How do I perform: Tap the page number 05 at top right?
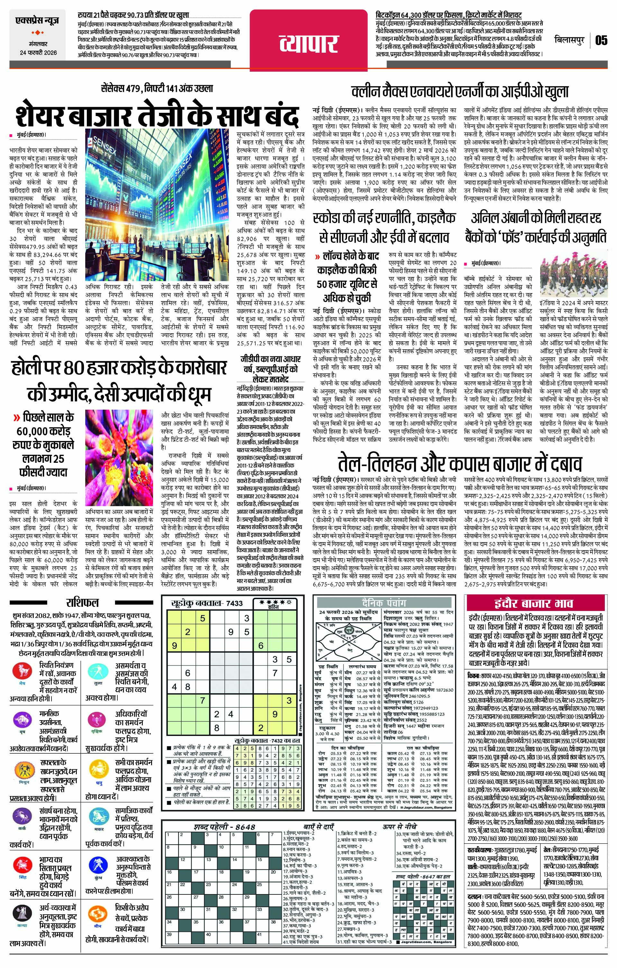pos(601,40)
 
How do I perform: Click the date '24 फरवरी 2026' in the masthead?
pos(39,53)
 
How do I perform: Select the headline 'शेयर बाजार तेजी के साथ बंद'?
pos(157,115)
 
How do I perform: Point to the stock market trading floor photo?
pos(159,207)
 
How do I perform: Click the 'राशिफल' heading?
pos(82,603)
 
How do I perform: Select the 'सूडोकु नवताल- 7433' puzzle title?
pos(207,603)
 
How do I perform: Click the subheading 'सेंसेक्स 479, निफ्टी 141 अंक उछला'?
pos(157,88)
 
